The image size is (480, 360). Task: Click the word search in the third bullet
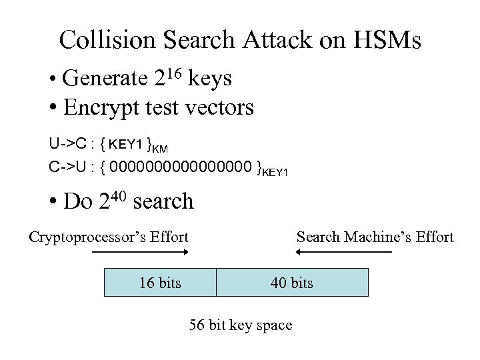163,201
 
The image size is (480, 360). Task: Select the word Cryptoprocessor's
89,237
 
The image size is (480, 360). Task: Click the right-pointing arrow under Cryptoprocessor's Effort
140,253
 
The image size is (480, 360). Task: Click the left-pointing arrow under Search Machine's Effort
343,253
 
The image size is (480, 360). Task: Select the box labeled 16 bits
160,282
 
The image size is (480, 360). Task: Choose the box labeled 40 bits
292,282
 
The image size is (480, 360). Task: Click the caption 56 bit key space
241,325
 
